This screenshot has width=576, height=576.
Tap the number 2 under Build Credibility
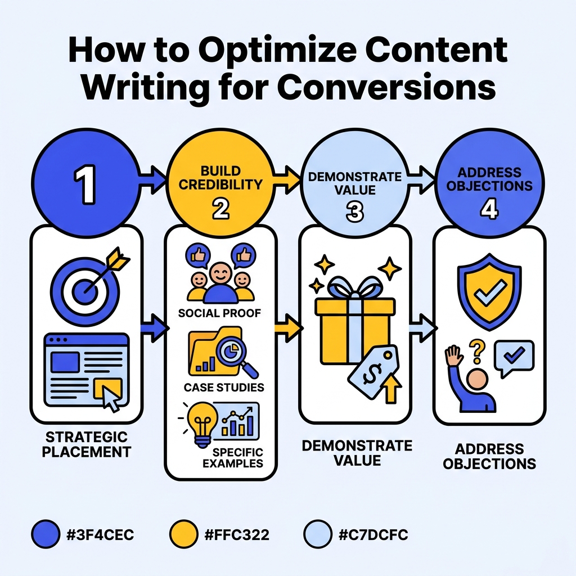coord(220,209)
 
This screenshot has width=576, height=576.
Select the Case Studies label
coord(224,388)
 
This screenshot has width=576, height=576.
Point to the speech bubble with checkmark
coord(514,356)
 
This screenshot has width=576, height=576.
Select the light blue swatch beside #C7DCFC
coord(317,534)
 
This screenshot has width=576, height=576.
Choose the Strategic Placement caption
coord(86,444)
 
